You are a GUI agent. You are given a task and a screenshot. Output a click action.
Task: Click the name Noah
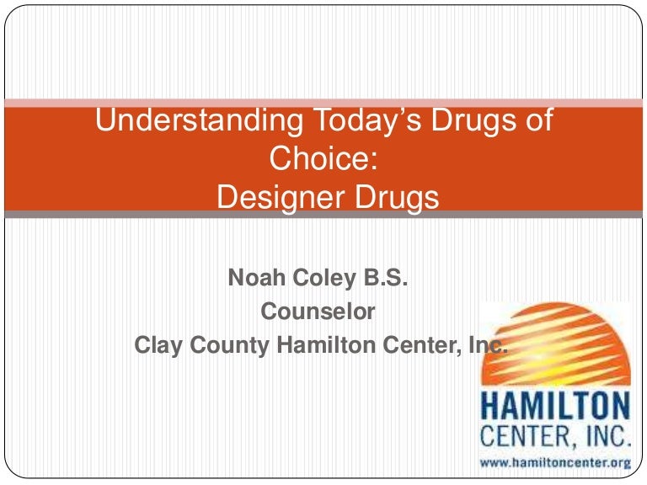coord(254,278)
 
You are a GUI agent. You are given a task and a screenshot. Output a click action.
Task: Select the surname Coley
coord(316,278)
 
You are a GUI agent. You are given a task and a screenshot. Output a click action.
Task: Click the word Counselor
coord(318,312)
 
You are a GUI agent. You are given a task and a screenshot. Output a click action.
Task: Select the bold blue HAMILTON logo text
coord(554,408)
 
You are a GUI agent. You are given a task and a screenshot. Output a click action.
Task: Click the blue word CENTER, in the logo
coord(529,437)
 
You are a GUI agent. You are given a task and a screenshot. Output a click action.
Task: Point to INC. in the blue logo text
coord(605,437)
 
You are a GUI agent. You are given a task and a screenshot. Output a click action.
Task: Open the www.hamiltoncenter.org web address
coord(554,462)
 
